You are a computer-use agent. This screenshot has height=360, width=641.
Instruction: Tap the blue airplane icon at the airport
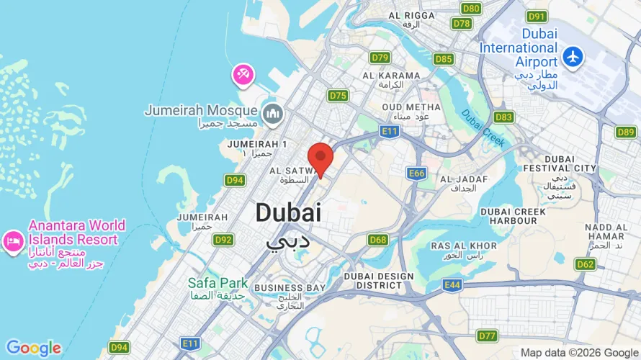pyautogui.click(x=573, y=55)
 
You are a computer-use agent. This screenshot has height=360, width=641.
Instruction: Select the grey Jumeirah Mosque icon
pyautogui.click(x=273, y=112)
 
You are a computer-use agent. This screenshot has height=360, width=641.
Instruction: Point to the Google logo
pyautogui.click(x=34, y=348)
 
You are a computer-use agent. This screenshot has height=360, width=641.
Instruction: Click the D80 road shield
pyautogui.click(x=472, y=9)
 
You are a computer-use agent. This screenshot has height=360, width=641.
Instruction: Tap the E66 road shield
pyautogui.click(x=416, y=174)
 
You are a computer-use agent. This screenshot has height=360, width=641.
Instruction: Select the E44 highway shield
pyautogui.click(x=452, y=286)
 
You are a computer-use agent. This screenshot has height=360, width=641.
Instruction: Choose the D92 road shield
pyautogui.click(x=224, y=240)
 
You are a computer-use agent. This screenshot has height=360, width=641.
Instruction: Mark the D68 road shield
pyautogui.click(x=378, y=240)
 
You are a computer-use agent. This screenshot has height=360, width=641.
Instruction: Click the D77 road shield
pyautogui.click(x=488, y=336)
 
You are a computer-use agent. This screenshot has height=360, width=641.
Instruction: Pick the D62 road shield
pyautogui.click(x=586, y=264)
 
